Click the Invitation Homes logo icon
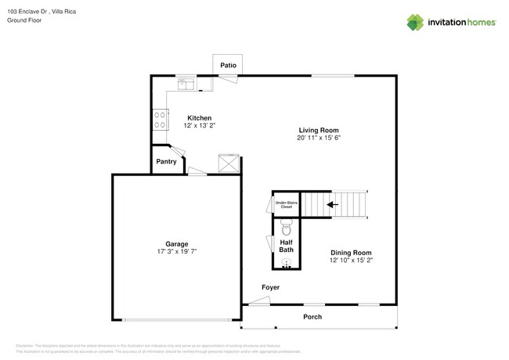point(415,22)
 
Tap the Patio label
point(228,65)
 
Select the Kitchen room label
point(198,117)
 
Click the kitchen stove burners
point(160,118)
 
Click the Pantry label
point(166,161)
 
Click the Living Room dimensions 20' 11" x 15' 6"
point(319,138)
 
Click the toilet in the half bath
point(286,229)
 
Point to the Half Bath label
point(286,247)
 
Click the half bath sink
point(286,262)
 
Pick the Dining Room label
point(350,252)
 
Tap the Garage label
point(176,243)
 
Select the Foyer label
point(270,287)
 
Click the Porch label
point(312,317)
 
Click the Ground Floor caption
point(24,21)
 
